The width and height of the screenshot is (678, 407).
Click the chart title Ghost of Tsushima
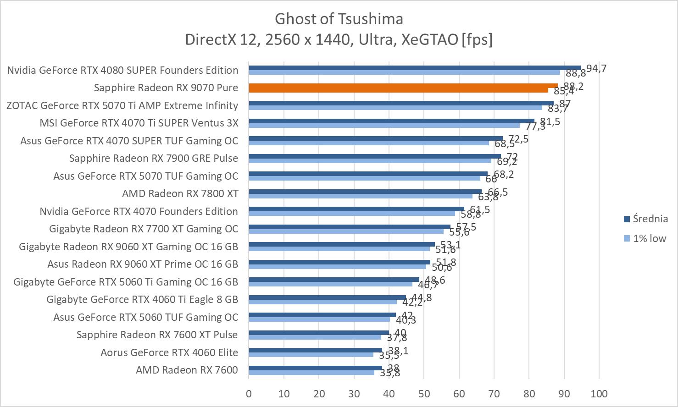[x=339, y=19]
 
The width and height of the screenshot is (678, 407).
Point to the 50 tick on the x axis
[x=424, y=394]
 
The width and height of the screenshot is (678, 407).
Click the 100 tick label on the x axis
[x=599, y=394]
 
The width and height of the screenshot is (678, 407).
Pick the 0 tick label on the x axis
[x=249, y=394]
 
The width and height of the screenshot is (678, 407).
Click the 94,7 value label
[x=596, y=69]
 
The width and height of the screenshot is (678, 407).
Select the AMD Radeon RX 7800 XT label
[x=180, y=193]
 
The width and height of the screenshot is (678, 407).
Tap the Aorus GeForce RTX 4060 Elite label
[x=169, y=352]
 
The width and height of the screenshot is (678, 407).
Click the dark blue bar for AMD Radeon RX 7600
[x=316, y=368]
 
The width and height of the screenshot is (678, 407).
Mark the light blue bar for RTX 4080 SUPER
[x=404, y=72]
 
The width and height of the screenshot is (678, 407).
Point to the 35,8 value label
[x=390, y=373]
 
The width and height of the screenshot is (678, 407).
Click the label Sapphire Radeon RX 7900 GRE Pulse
[x=154, y=158]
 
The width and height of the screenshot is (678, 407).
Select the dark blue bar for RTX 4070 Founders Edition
[x=356, y=209]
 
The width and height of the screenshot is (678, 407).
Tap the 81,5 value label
[x=550, y=121]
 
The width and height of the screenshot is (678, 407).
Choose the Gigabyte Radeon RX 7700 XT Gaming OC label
[x=144, y=229]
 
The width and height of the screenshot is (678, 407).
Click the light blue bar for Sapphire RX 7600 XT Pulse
[x=315, y=337]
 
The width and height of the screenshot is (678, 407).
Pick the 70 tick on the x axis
[x=494, y=394]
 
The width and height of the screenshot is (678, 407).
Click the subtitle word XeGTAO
[x=429, y=40]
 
